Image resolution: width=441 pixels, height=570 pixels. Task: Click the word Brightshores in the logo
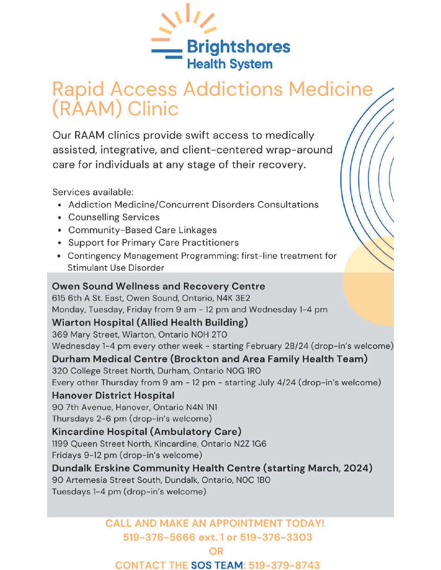click(x=238, y=47)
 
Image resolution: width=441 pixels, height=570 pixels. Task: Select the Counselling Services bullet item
click(x=114, y=217)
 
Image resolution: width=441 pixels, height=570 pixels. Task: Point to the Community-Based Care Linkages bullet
click(x=143, y=230)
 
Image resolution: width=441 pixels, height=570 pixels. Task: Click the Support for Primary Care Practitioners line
click(x=153, y=243)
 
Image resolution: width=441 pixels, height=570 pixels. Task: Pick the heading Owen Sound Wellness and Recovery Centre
click(x=158, y=286)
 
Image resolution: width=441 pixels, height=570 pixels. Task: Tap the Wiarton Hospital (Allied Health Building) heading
click(x=150, y=323)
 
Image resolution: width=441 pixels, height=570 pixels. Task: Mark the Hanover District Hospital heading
click(x=113, y=396)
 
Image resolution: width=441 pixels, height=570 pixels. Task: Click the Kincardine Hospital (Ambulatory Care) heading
click(x=147, y=432)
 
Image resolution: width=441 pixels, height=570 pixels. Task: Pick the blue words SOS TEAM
click(x=217, y=565)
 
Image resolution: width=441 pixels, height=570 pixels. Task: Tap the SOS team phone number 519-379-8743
click(x=284, y=565)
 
